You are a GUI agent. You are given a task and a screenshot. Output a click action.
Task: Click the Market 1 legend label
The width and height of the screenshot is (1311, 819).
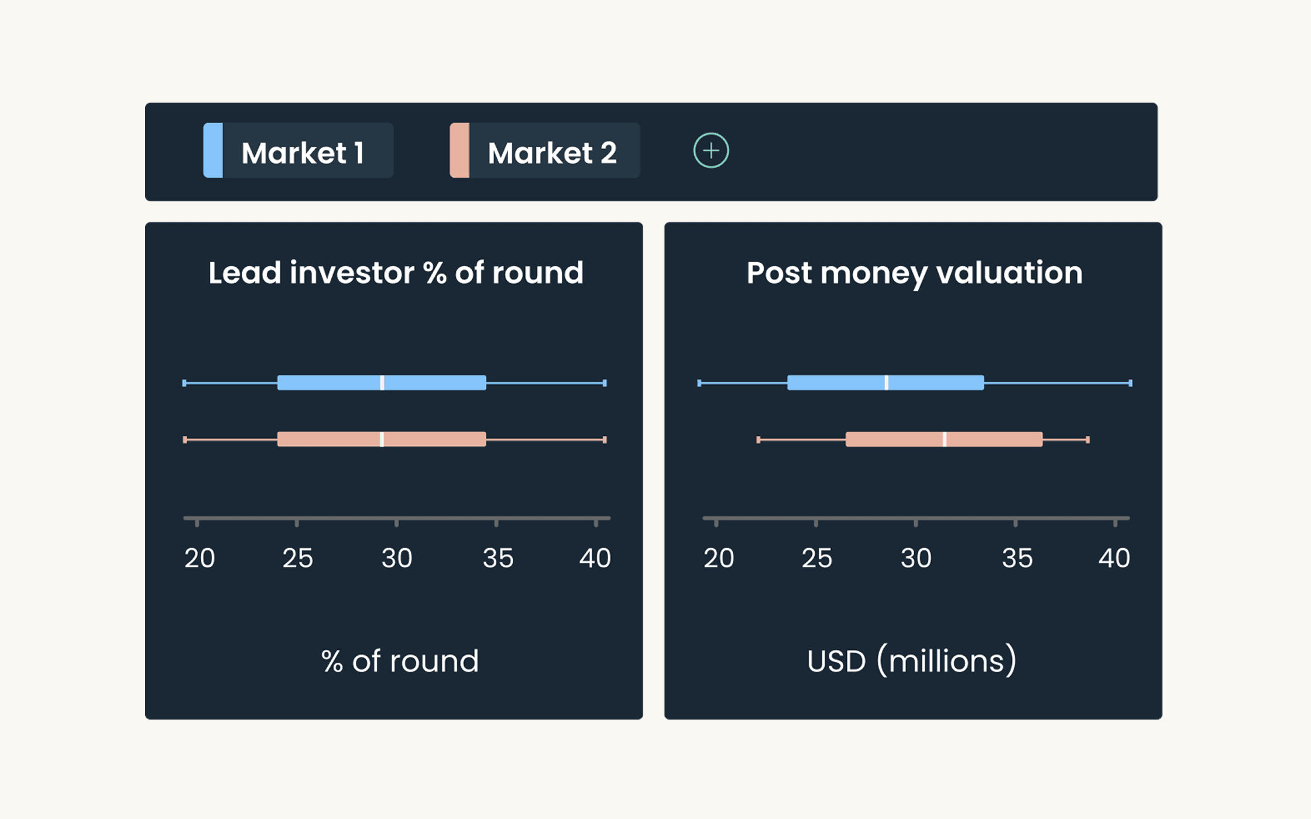click(303, 153)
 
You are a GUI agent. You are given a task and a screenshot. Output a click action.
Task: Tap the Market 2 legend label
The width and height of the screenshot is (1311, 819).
click(552, 153)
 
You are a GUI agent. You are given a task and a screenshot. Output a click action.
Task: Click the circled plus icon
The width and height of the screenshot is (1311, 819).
click(711, 150)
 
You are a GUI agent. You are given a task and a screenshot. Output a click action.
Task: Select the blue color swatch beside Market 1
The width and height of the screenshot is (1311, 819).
click(213, 150)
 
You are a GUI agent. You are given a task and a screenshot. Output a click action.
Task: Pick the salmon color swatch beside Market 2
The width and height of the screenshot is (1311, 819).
click(459, 150)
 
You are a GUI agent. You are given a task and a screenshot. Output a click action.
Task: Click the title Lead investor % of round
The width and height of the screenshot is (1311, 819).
click(396, 273)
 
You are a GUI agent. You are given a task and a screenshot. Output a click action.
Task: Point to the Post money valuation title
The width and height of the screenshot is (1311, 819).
click(914, 273)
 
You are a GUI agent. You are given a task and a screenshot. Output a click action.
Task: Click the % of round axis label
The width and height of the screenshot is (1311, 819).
click(400, 661)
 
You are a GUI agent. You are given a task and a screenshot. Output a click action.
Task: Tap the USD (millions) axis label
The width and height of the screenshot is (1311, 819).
click(911, 661)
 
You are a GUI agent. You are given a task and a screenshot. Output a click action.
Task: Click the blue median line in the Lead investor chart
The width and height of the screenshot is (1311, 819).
click(382, 383)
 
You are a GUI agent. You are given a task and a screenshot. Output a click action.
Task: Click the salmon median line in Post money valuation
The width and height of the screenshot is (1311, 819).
click(945, 439)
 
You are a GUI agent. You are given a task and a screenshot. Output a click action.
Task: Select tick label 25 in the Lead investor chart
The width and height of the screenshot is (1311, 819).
click(297, 558)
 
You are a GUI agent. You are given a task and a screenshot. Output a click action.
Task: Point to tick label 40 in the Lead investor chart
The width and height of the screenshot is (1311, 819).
click(595, 558)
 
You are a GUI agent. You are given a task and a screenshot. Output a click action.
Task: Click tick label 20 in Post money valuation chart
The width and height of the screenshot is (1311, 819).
click(718, 558)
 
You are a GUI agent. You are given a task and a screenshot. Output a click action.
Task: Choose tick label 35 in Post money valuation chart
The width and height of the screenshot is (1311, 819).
click(1017, 558)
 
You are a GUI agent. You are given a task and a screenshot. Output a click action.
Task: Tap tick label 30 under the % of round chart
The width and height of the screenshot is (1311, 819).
click(397, 558)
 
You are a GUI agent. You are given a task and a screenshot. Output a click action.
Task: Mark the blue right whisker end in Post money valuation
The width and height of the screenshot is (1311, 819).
click(1130, 383)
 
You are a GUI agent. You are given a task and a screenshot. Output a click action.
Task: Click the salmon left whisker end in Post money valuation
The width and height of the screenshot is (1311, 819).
click(759, 439)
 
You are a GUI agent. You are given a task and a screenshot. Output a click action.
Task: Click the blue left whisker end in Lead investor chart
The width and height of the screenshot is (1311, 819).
click(184, 383)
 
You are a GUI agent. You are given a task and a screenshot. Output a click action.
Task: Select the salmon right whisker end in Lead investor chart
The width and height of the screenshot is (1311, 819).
click(605, 439)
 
